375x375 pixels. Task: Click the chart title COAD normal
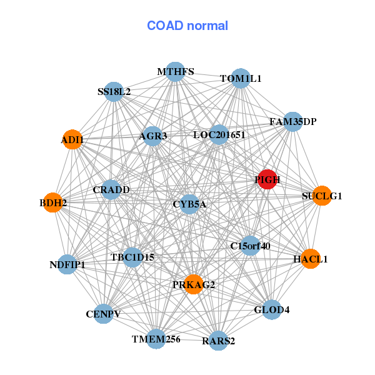pos(187,26)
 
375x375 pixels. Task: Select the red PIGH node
pos(267,179)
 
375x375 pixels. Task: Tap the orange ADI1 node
pos(72,140)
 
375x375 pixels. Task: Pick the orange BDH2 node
pos(53,202)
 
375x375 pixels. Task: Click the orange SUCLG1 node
pos(321,196)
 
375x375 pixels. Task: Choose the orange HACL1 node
pos(310,258)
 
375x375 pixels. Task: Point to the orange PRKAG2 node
pos(194,284)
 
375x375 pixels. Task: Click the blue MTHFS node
pos(176,72)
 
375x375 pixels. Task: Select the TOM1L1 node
pos(241,79)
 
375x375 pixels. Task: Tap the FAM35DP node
pos(293,121)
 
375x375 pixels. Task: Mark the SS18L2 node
pos(114,92)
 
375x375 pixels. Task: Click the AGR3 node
pos(153,136)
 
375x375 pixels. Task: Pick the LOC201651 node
pos(219,134)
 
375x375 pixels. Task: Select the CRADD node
pos(111,189)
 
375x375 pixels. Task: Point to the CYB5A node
pos(189,204)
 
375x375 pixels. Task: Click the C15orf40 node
pos(250,246)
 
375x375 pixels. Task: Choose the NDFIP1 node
pos(67,264)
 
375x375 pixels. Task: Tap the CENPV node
pos(104,313)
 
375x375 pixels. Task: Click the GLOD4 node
pos(272,309)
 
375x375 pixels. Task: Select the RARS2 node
pos(218,341)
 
